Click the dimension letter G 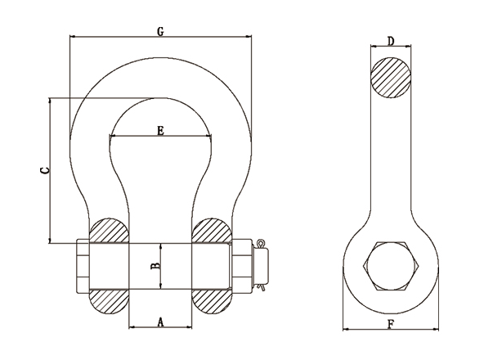point(160,32)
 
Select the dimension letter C point(45,170)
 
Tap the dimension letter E point(160,131)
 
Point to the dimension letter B point(156,266)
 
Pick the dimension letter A point(160,322)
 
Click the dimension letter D point(391,41)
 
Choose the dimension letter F point(391,325)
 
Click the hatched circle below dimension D point(391,78)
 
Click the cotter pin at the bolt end point(262,265)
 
